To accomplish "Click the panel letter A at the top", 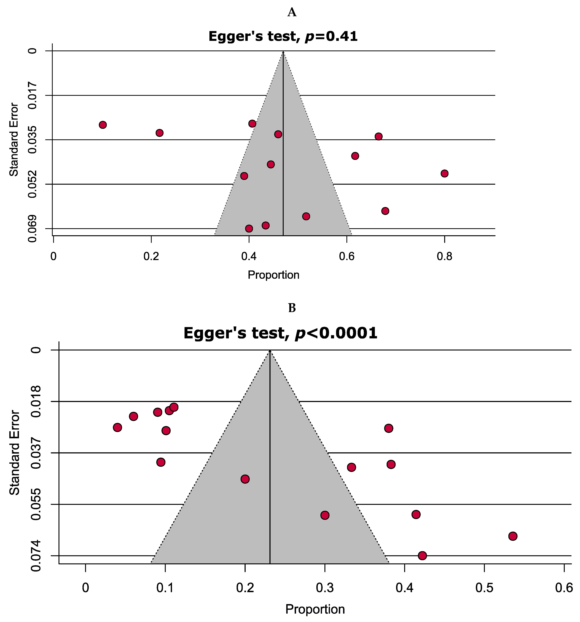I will click(292, 13).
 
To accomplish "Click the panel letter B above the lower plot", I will click(292, 308).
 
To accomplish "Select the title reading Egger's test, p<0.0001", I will click(280, 333).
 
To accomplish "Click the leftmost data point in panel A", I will click(103, 125).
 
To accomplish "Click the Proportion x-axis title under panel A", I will click(273, 275).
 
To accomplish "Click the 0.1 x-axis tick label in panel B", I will click(165, 588).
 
